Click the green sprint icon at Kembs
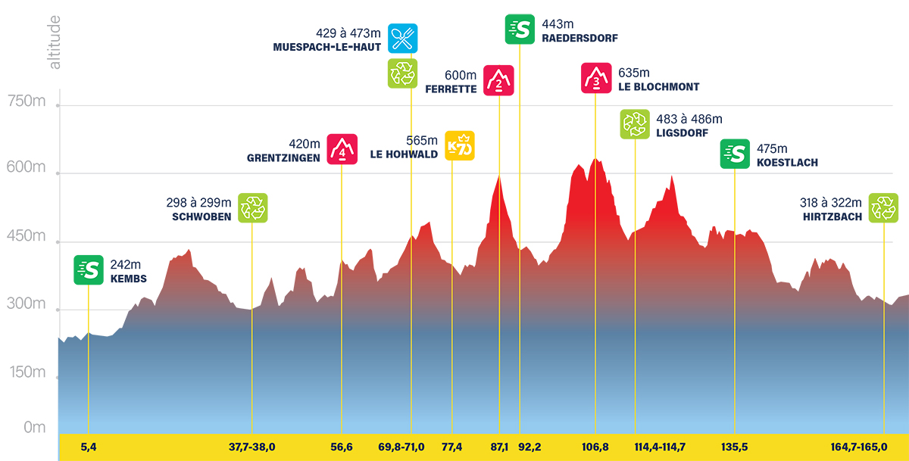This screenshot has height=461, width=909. point(89,270)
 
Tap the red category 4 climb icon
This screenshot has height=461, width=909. point(342,148)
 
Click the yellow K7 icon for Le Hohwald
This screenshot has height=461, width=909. point(460,146)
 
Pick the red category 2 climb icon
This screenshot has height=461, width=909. point(499,80)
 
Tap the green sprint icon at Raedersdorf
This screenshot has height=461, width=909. point(520,29)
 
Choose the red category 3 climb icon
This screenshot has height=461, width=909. point(596,78)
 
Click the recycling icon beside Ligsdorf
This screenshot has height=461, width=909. point(635,124)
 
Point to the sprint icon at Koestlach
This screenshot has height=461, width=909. point(735,154)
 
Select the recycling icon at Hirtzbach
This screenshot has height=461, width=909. point(883,207)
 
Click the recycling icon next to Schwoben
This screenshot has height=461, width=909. point(253,207)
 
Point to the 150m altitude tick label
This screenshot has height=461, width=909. point(25,372)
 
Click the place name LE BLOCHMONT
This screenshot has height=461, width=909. point(658,87)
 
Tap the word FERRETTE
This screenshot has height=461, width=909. point(451,89)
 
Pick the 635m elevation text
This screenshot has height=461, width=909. point(634,73)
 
